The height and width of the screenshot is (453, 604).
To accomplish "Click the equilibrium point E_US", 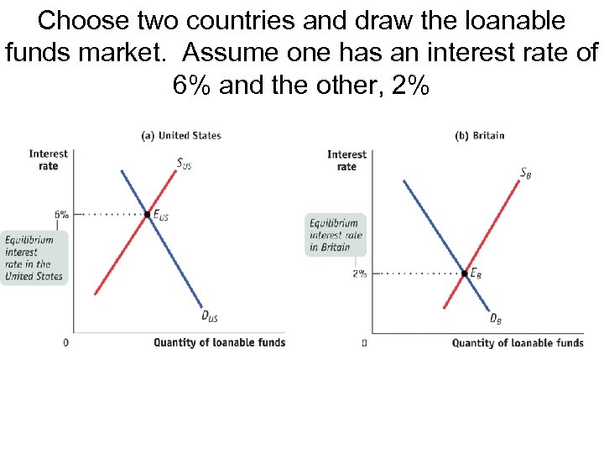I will [148, 214].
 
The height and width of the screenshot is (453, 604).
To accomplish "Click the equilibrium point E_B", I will [465, 273].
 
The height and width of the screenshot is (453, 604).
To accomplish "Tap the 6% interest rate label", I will [62, 214].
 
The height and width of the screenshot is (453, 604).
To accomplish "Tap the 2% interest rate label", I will [360, 273].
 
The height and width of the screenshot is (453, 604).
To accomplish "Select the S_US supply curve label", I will [184, 164].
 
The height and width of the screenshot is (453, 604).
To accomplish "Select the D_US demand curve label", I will [210, 315].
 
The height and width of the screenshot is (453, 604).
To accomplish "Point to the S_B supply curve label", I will [525, 174].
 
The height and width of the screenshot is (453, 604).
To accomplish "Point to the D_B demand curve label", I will [496, 318].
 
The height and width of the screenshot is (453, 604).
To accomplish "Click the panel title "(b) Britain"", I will [479, 135].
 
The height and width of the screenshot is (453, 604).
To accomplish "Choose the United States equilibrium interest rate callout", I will [34, 258].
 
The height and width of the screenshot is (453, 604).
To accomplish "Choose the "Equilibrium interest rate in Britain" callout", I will [336, 235].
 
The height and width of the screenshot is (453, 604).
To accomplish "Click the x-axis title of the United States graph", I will [219, 342].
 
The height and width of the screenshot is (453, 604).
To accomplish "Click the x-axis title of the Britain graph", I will [518, 342].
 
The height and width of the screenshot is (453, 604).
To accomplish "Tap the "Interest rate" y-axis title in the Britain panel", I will [346, 160].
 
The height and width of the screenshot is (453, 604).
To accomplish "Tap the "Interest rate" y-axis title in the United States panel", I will [49, 159].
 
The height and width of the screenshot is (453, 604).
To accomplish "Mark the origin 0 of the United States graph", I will [66, 342].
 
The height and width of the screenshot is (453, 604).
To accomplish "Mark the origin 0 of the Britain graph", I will [364, 343].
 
